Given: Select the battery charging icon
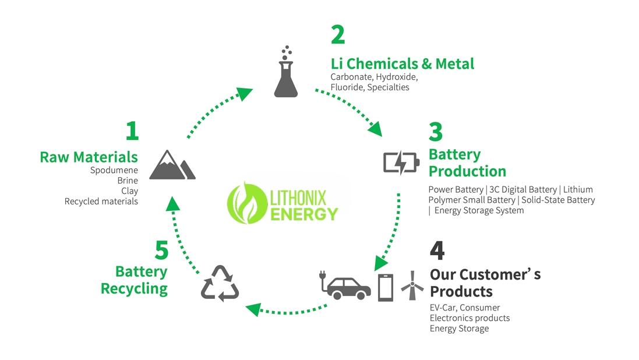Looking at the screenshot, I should [400, 162].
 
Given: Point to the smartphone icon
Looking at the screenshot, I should [386, 287].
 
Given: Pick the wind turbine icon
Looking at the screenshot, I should [412, 285].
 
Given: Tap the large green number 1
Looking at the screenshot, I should [132, 131].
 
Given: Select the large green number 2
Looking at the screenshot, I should [338, 36].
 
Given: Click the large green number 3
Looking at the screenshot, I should [436, 132].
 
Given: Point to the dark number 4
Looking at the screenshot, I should [437, 250].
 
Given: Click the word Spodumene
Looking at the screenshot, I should [114, 171].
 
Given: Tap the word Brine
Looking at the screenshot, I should [128, 181].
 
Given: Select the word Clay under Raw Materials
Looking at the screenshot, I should [129, 191].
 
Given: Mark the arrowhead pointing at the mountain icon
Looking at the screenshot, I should [172, 202].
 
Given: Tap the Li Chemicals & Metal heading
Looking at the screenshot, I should [402, 63].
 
